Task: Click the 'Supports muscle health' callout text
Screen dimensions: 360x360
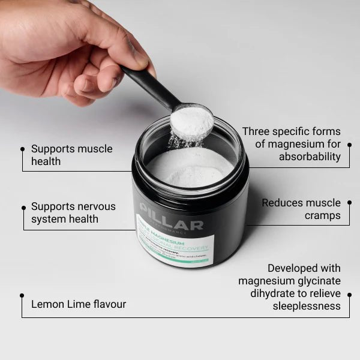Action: click(x=71, y=154)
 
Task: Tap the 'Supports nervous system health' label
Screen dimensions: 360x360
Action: click(x=73, y=212)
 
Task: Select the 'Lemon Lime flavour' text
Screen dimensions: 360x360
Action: click(x=79, y=304)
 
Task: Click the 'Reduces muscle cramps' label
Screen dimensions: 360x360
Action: click(x=301, y=209)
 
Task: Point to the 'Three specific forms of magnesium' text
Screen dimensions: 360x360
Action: click(x=291, y=137)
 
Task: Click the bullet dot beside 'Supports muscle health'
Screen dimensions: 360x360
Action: click(x=23, y=148)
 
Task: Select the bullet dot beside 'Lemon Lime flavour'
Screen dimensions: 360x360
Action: click(x=22, y=295)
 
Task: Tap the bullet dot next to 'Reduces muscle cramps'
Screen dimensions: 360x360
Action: click(x=349, y=203)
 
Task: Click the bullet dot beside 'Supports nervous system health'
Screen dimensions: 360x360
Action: click(x=23, y=206)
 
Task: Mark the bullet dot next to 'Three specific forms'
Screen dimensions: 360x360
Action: click(x=349, y=144)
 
